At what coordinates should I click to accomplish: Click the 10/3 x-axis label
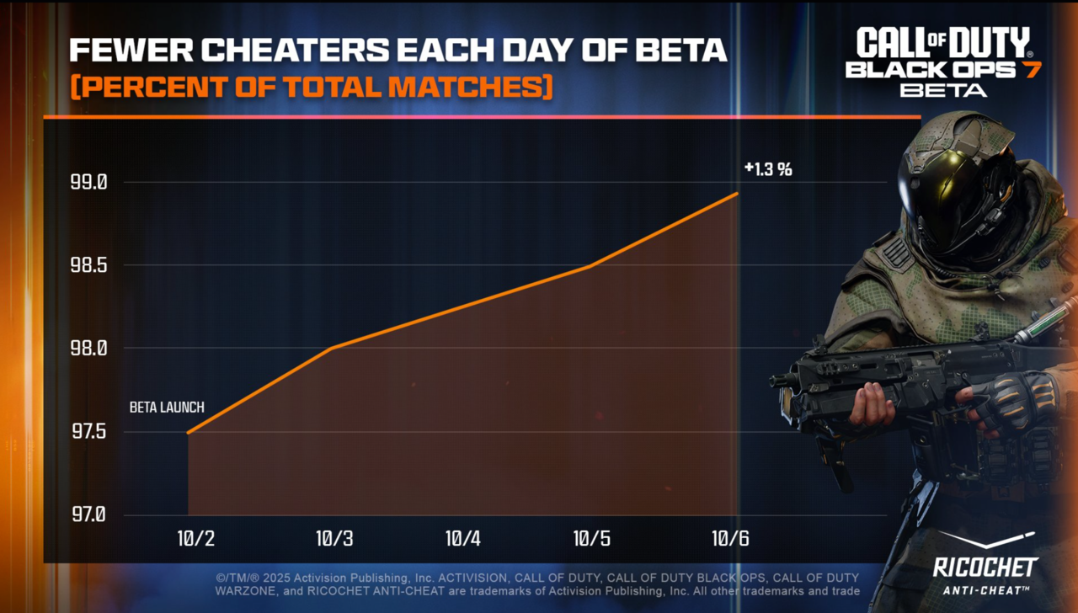(x=334, y=539)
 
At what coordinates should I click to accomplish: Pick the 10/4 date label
(x=462, y=539)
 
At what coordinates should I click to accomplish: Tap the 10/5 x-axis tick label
(x=591, y=539)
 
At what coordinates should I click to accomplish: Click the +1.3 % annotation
(x=767, y=169)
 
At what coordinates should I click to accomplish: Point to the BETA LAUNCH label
(x=167, y=408)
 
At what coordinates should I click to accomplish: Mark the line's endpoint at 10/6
(x=738, y=194)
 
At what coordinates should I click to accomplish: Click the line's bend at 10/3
(x=332, y=348)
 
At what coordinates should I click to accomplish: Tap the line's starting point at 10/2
(x=188, y=432)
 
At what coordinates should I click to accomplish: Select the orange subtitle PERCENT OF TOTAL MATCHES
(x=311, y=87)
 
